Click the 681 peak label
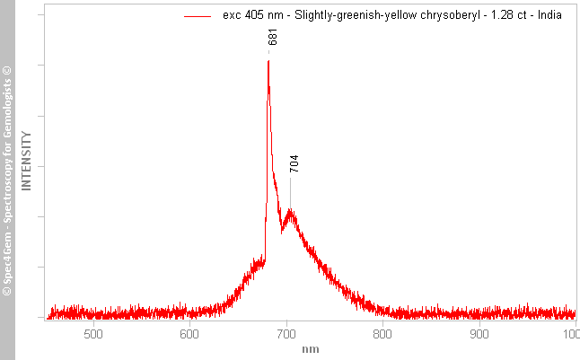point(273,37)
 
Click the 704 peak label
point(294,163)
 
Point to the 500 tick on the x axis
point(92,334)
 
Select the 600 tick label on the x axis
point(189,334)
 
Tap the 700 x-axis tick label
point(286,334)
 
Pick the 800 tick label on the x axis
point(382,334)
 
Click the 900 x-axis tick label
point(479,334)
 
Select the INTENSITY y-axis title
point(27,161)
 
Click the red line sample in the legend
point(198,16)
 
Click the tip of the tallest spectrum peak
point(268,61)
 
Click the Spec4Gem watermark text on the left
point(7,180)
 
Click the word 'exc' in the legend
point(231,15)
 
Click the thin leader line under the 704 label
point(290,190)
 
